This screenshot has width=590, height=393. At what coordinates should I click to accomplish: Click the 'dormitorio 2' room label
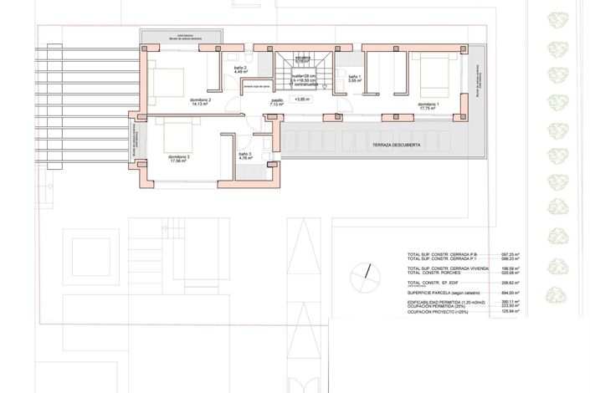(x=198, y=100)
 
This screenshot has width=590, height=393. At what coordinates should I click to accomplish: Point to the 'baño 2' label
(x=239, y=69)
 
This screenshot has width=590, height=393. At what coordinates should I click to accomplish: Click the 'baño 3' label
(x=244, y=154)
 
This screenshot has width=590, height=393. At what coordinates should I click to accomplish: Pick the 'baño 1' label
(x=355, y=78)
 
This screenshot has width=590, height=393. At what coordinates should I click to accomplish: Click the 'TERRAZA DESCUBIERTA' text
(x=397, y=145)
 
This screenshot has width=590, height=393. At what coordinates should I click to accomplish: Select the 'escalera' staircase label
(x=302, y=59)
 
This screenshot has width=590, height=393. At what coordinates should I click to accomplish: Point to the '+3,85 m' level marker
(x=302, y=100)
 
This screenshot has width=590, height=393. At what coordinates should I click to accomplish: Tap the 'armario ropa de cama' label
(x=256, y=86)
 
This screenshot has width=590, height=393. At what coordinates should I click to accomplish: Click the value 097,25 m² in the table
(x=510, y=254)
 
